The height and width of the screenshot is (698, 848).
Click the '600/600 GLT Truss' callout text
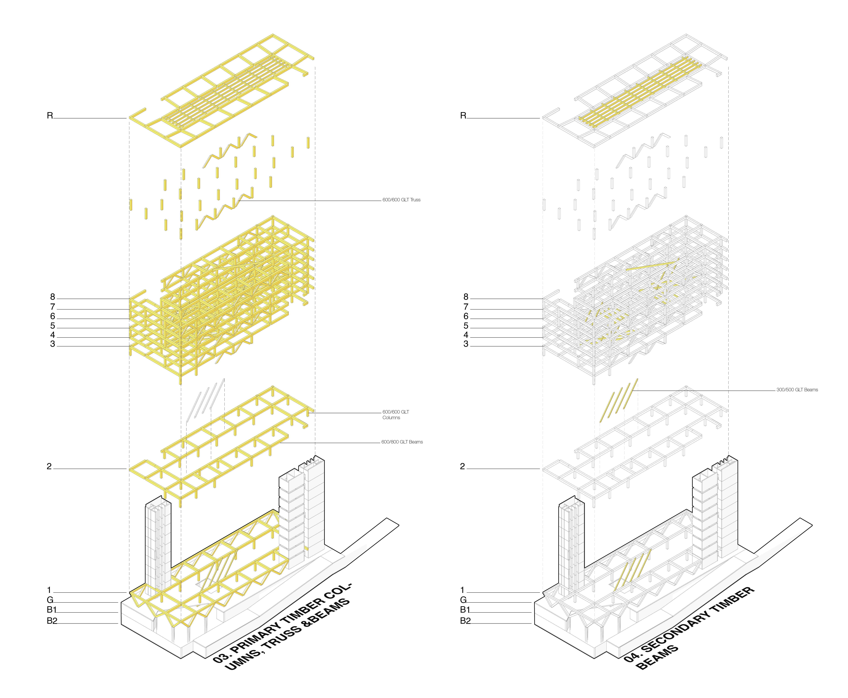tap(401, 200)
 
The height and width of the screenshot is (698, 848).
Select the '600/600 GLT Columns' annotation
tap(396, 414)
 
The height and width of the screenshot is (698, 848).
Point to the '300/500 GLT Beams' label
tap(797, 390)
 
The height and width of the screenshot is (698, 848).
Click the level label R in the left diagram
tap(50, 116)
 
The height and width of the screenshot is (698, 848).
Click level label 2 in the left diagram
tap(49, 466)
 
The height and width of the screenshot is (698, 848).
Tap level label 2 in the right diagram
tap(462, 466)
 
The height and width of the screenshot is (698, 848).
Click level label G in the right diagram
tap(463, 600)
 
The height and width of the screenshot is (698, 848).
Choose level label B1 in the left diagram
tap(52, 610)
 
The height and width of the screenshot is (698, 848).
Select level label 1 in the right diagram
tap(462, 590)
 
